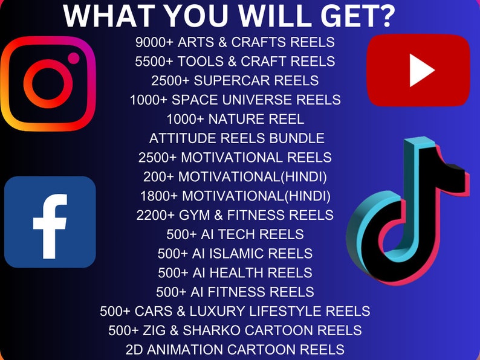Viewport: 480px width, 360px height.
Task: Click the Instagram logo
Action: coord(48,83)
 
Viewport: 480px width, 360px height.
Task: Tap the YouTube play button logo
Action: coord(418,71)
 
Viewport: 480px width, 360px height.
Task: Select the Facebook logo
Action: coord(50,222)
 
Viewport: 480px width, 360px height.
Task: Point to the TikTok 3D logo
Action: coord(400,211)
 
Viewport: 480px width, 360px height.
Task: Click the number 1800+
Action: coord(159,196)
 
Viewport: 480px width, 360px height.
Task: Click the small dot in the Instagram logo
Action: coord(74,58)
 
